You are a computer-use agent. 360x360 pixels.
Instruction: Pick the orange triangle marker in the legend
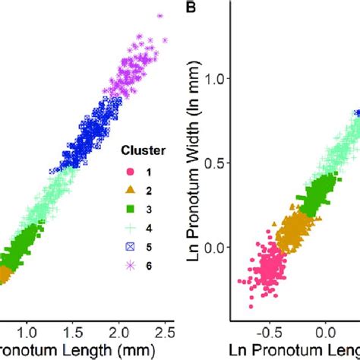pyautogui.click(x=130, y=190)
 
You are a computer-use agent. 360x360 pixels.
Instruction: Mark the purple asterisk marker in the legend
pyautogui.click(x=130, y=265)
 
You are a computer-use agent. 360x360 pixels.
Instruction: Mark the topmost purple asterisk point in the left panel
pyautogui.click(x=159, y=14)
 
